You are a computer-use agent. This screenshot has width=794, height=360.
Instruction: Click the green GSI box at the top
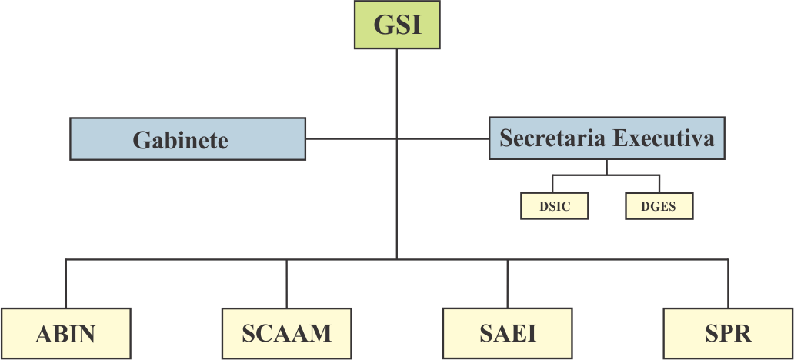[x=396, y=25]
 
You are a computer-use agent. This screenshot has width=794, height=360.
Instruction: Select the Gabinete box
[x=188, y=139]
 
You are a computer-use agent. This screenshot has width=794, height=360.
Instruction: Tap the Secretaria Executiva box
[x=607, y=138]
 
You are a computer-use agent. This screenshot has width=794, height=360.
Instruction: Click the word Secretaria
[x=552, y=138]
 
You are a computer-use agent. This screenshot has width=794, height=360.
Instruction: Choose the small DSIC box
[x=555, y=206]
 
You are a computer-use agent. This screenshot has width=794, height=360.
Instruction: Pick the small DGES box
[x=659, y=206]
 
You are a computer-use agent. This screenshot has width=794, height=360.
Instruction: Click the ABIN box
[x=65, y=333]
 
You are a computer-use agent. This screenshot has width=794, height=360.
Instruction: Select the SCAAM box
[x=286, y=333]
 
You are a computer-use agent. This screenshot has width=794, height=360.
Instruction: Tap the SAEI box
[x=508, y=333]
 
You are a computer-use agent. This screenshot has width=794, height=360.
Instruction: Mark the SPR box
[x=728, y=333]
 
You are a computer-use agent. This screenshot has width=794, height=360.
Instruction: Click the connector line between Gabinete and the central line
[x=351, y=139]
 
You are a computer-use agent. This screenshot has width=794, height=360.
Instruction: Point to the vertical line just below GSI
[x=396, y=85]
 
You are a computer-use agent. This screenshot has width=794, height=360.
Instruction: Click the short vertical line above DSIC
[x=552, y=184]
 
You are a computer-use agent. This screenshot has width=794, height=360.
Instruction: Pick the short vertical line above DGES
[x=659, y=184]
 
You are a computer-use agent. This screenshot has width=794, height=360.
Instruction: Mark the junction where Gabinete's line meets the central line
[x=396, y=139]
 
